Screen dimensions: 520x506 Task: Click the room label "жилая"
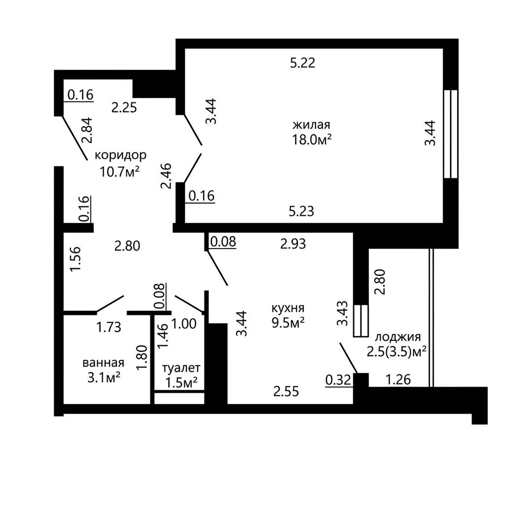(x=312, y=125)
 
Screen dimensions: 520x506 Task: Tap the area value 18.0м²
(x=312, y=140)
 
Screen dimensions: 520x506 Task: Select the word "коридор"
(x=120, y=155)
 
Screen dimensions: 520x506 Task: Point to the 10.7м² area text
(x=120, y=172)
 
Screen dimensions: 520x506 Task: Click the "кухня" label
(x=288, y=308)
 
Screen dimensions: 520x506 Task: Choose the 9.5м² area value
(x=288, y=323)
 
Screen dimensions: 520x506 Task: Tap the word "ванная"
(x=104, y=363)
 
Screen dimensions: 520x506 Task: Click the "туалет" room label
(x=181, y=368)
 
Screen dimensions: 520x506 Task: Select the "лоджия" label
(x=398, y=337)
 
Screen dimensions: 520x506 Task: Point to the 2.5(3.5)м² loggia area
(x=397, y=351)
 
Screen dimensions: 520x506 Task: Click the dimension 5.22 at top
(x=302, y=63)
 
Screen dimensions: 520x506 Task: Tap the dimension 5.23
(x=301, y=211)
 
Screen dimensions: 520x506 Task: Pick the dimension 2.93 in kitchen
(x=293, y=244)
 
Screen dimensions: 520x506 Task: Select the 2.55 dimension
(x=286, y=391)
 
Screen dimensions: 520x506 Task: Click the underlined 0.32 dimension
(x=338, y=380)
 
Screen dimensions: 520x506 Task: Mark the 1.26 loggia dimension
(x=399, y=379)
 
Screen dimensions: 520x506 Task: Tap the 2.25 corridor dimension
(x=124, y=108)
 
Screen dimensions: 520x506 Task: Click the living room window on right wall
(x=451, y=134)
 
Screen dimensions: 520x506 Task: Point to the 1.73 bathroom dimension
(x=109, y=327)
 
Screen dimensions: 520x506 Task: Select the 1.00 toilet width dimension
(x=184, y=324)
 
